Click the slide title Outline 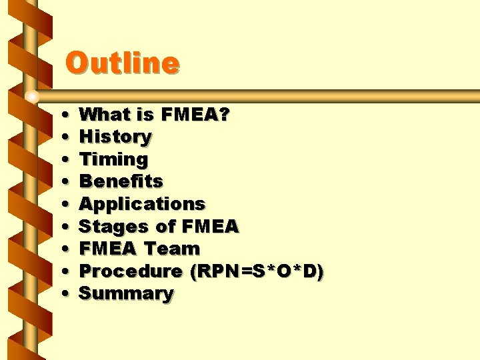tap(122, 63)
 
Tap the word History tap(115, 137)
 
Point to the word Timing tap(113, 160)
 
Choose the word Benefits tap(121, 181)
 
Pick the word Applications tap(142, 204)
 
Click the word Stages tap(110, 227)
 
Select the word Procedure tap(131, 271)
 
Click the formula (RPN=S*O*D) tap(257, 271)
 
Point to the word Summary tap(126, 294)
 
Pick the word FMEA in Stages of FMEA tap(207, 227)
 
